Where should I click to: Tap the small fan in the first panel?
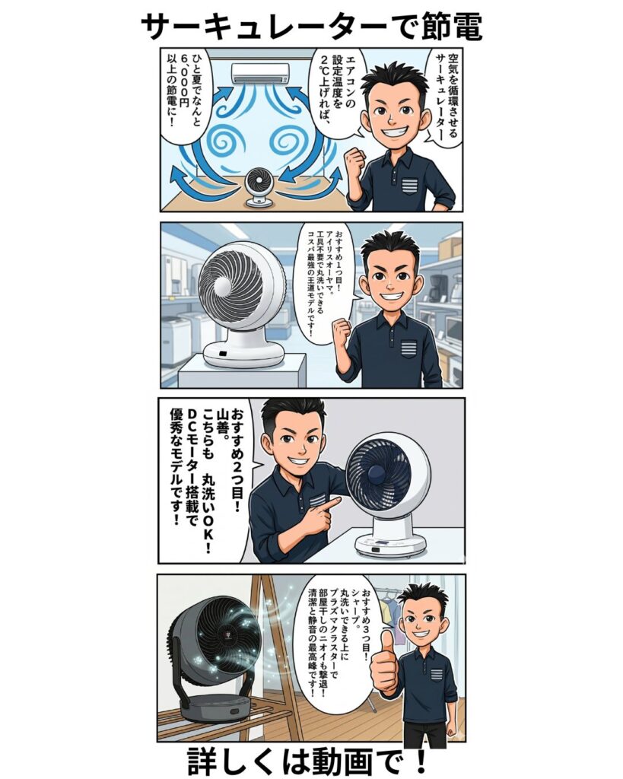262,187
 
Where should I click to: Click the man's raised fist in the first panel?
355,161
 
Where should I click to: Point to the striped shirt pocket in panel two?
409,350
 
